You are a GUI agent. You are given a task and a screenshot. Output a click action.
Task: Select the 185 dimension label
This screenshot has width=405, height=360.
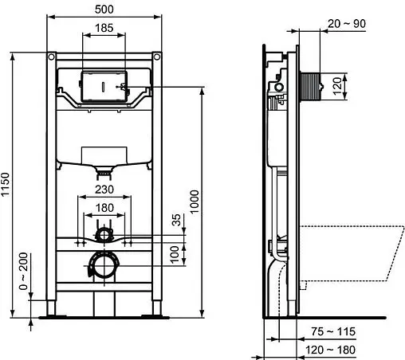[x=104, y=28]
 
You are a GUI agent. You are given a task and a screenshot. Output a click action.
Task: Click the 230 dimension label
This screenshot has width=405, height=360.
[x=104, y=189]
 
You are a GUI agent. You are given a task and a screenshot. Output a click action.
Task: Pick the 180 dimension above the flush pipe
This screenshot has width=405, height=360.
[x=104, y=209]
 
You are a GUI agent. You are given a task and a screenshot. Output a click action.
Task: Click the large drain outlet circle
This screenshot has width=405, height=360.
[x=103, y=264]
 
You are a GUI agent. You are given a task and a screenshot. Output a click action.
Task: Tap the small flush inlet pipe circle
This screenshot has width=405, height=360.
[x=103, y=235]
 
